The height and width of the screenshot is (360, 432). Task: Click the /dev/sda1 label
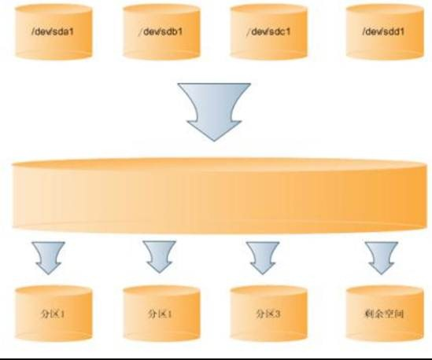[53, 31]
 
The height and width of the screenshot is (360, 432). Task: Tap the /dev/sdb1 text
[161, 31]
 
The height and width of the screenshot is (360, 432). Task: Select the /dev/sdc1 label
[268, 31]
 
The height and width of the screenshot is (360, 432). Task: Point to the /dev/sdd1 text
[383, 31]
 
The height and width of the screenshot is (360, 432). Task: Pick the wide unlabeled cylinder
[220, 196]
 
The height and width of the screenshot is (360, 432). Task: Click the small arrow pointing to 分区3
[263, 258]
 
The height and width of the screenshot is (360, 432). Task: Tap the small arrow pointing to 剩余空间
[382, 258]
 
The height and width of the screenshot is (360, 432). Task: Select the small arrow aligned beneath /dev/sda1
[48, 258]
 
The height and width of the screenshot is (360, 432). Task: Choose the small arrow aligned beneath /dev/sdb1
[159, 258]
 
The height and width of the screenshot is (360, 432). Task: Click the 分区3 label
[268, 314]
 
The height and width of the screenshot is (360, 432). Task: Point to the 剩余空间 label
[384, 314]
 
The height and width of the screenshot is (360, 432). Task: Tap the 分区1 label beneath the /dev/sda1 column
[53, 314]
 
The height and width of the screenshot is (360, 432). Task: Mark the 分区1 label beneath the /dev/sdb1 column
[160, 314]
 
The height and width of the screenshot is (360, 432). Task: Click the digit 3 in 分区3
[277, 314]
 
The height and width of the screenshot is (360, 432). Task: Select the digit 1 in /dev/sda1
[72, 32]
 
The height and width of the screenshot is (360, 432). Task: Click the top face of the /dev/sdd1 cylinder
[385, 10]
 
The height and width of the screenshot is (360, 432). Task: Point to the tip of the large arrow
[214, 141]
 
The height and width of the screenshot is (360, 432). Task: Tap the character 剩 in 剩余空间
[369, 314]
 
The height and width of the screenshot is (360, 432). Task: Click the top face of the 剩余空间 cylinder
[385, 292]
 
